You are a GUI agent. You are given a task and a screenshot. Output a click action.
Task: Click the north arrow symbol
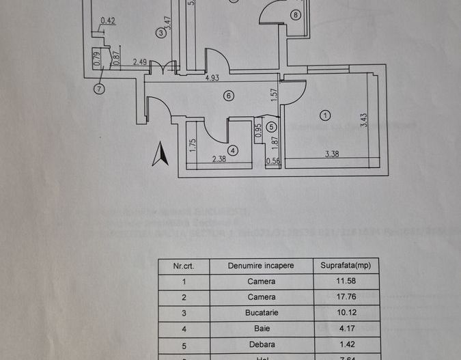(160, 153)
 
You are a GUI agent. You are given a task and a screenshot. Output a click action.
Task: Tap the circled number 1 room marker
(325, 115)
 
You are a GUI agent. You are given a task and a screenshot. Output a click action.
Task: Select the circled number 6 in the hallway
(228, 96)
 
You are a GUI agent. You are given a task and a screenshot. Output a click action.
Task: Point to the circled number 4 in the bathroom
(233, 150)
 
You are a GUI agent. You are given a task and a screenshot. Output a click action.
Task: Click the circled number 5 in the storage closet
(272, 126)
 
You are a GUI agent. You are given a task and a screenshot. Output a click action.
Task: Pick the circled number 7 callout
(100, 88)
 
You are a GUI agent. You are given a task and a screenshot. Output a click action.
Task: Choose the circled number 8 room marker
(295, 14)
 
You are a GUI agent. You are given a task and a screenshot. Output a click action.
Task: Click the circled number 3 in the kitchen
(160, 32)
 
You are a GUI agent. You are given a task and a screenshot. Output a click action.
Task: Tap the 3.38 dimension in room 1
(331, 154)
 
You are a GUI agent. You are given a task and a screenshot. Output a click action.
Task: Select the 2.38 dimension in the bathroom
(219, 160)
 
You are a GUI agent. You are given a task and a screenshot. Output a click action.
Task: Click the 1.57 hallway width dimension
(275, 96)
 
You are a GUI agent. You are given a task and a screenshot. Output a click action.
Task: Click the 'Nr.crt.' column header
(184, 265)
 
